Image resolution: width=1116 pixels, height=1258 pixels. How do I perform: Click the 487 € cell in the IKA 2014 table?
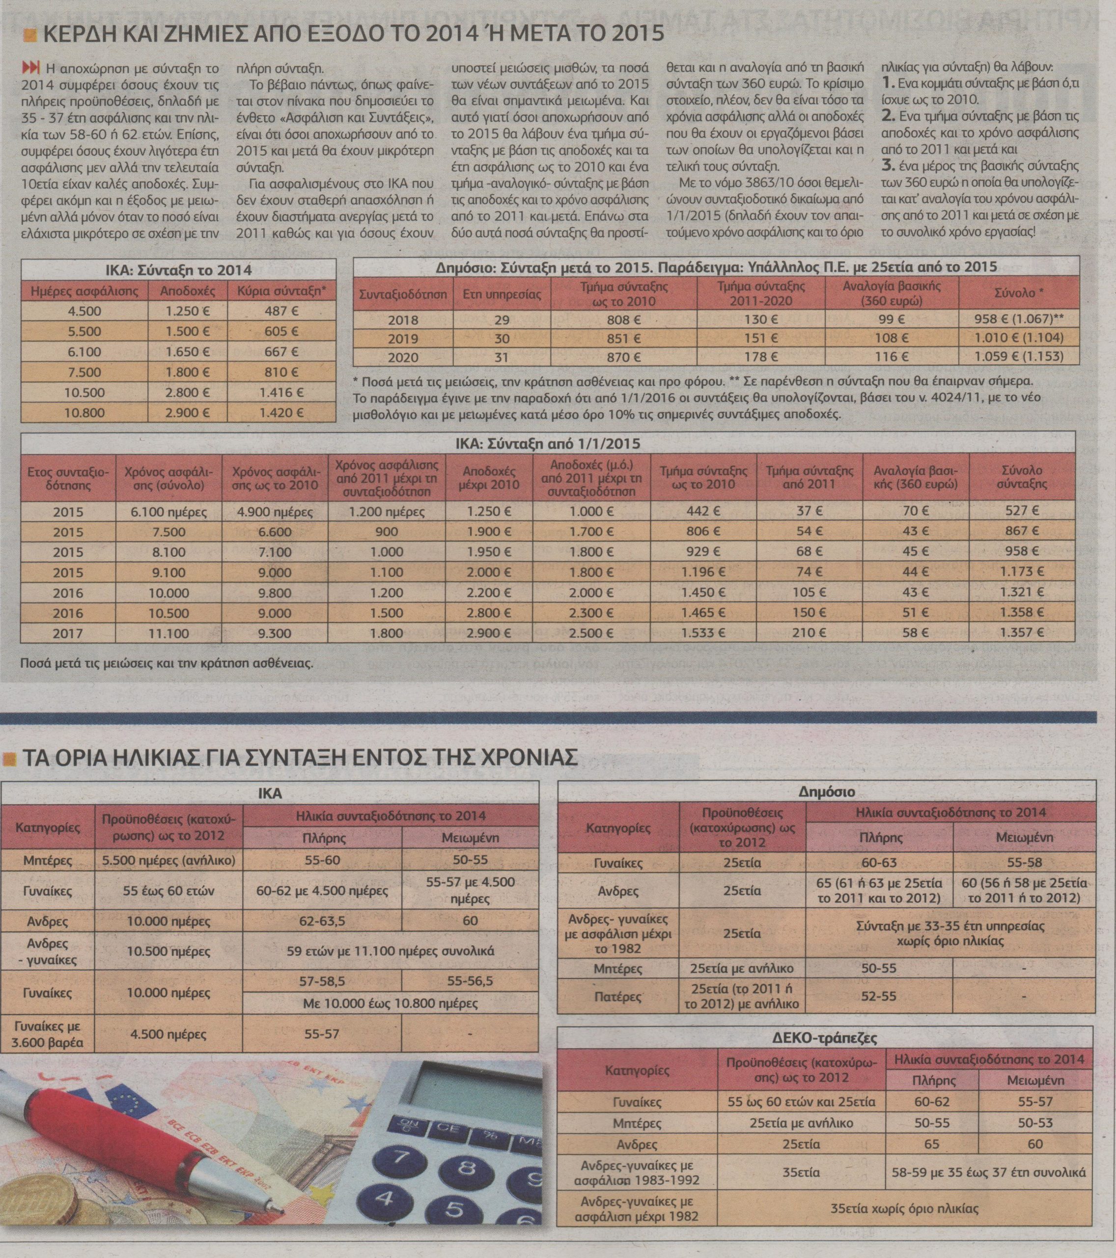click(x=280, y=311)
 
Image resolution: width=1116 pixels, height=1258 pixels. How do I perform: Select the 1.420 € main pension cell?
click(x=280, y=412)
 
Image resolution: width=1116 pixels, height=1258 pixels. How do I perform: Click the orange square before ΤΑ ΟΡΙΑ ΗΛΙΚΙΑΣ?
click(x=9, y=759)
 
